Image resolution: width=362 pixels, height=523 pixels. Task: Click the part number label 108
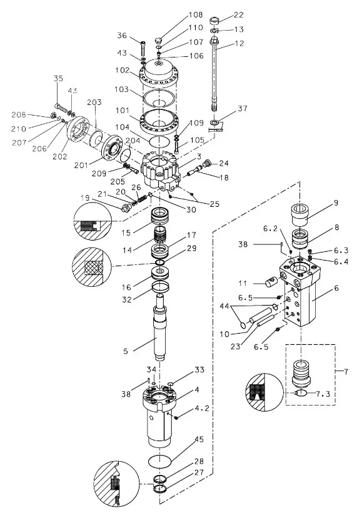[196, 14]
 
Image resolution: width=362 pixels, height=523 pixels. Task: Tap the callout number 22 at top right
[239, 15]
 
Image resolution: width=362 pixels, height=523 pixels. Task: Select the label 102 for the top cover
[123, 71]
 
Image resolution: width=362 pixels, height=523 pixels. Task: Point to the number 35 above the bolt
[58, 78]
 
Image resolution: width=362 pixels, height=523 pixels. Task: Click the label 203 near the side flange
[94, 102]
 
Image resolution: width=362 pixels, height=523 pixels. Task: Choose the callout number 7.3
[323, 394]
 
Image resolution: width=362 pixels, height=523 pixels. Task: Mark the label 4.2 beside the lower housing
[202, 408]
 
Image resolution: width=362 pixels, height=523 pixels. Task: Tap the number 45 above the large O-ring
[199, 439]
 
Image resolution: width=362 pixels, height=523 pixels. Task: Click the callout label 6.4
[341, 261]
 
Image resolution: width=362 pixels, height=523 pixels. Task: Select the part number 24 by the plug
[224, 163]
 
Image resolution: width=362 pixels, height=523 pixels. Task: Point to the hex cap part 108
[158, 41]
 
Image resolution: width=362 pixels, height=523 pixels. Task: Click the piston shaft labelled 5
[160, 328]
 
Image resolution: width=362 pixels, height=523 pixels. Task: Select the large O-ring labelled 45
[160, 461]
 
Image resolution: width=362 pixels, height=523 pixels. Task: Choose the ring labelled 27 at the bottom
[160, 489]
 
